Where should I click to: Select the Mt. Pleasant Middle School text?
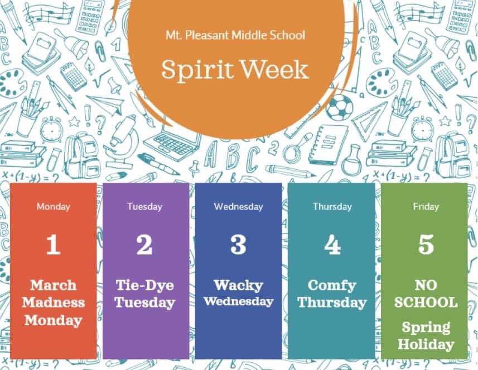coord(235,35)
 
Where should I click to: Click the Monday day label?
coord(54,207)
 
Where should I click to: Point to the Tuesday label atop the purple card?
coord(144,207)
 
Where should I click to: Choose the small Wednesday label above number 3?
coord(238,207)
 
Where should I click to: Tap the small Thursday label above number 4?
coord(332,207)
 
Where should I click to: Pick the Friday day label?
coord(426,207)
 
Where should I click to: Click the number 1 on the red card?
coord(54,245)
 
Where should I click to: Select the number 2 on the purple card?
coord(144,245)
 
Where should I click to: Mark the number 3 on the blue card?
coord(238,245)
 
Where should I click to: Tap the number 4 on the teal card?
coord(332,245)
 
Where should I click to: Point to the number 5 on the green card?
coord(426,245)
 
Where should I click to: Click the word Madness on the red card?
coord(54,303)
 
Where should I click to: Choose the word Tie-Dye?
coord(144,286)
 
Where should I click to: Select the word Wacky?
coord(238,286)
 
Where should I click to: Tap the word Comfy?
coord(332,286)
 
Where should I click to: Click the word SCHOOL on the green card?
coord(426,303)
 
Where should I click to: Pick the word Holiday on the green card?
coord(426,344)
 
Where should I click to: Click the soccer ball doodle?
coord(339,107)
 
